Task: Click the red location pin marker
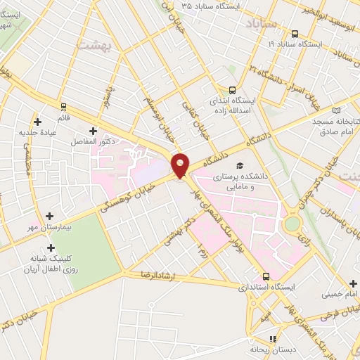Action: (181, 165)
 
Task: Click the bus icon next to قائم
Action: (64, 107)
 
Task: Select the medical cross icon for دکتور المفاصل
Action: (93, 130)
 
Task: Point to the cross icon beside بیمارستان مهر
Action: (49, 216)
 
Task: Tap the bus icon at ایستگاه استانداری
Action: (266, 276)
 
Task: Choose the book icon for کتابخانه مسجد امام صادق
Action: (336, 110)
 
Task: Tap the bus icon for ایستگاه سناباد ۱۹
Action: (294, 33)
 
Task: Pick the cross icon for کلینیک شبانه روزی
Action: (50, 247)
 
